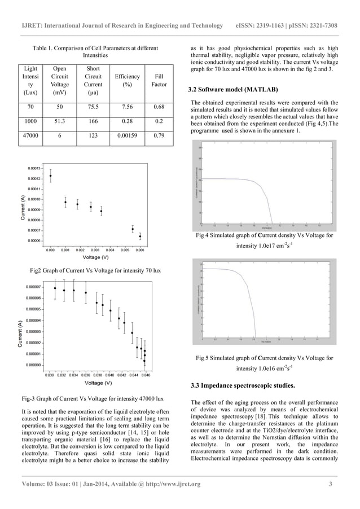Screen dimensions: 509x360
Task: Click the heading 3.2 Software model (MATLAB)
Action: pos(233,90)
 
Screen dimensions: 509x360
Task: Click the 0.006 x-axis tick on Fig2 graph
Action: pos(140,249)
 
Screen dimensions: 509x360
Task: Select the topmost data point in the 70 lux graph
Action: pos(51,175)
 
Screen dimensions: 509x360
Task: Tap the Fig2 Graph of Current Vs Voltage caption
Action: pos(98,270)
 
